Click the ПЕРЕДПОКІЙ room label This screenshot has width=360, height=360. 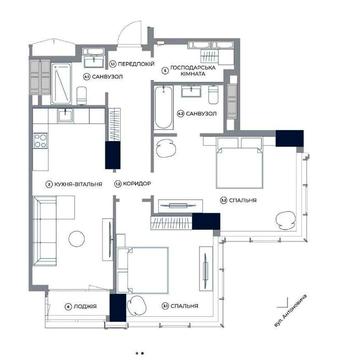pos(135,62)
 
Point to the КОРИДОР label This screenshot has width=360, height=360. pos(134,184)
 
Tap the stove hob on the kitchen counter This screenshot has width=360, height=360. pos(41,141)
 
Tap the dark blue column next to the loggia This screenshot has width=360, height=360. pos(116,308)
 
